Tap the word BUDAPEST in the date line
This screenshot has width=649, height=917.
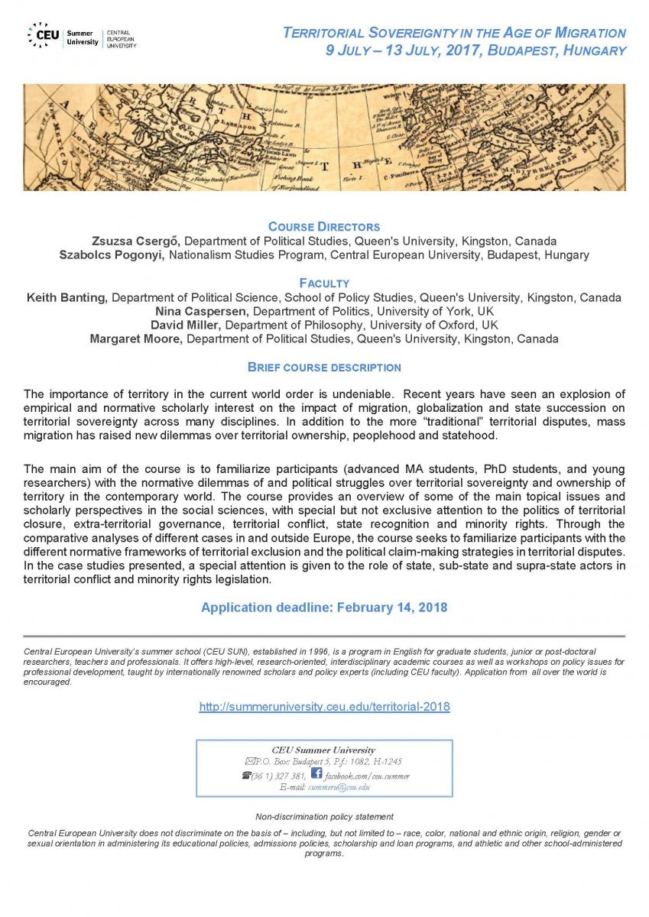point(502,51)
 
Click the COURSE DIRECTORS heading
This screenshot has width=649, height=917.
point(324,227)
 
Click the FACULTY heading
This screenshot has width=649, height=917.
point(324,283)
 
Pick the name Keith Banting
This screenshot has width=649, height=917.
point(67,297)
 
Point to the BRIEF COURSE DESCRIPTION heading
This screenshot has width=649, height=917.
point(324,368)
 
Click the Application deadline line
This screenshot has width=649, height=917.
point(324,608)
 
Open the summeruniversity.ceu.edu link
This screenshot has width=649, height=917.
point(324,707)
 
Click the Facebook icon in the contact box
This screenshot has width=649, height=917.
point(316,774)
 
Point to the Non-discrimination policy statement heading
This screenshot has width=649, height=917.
point(324,817)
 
